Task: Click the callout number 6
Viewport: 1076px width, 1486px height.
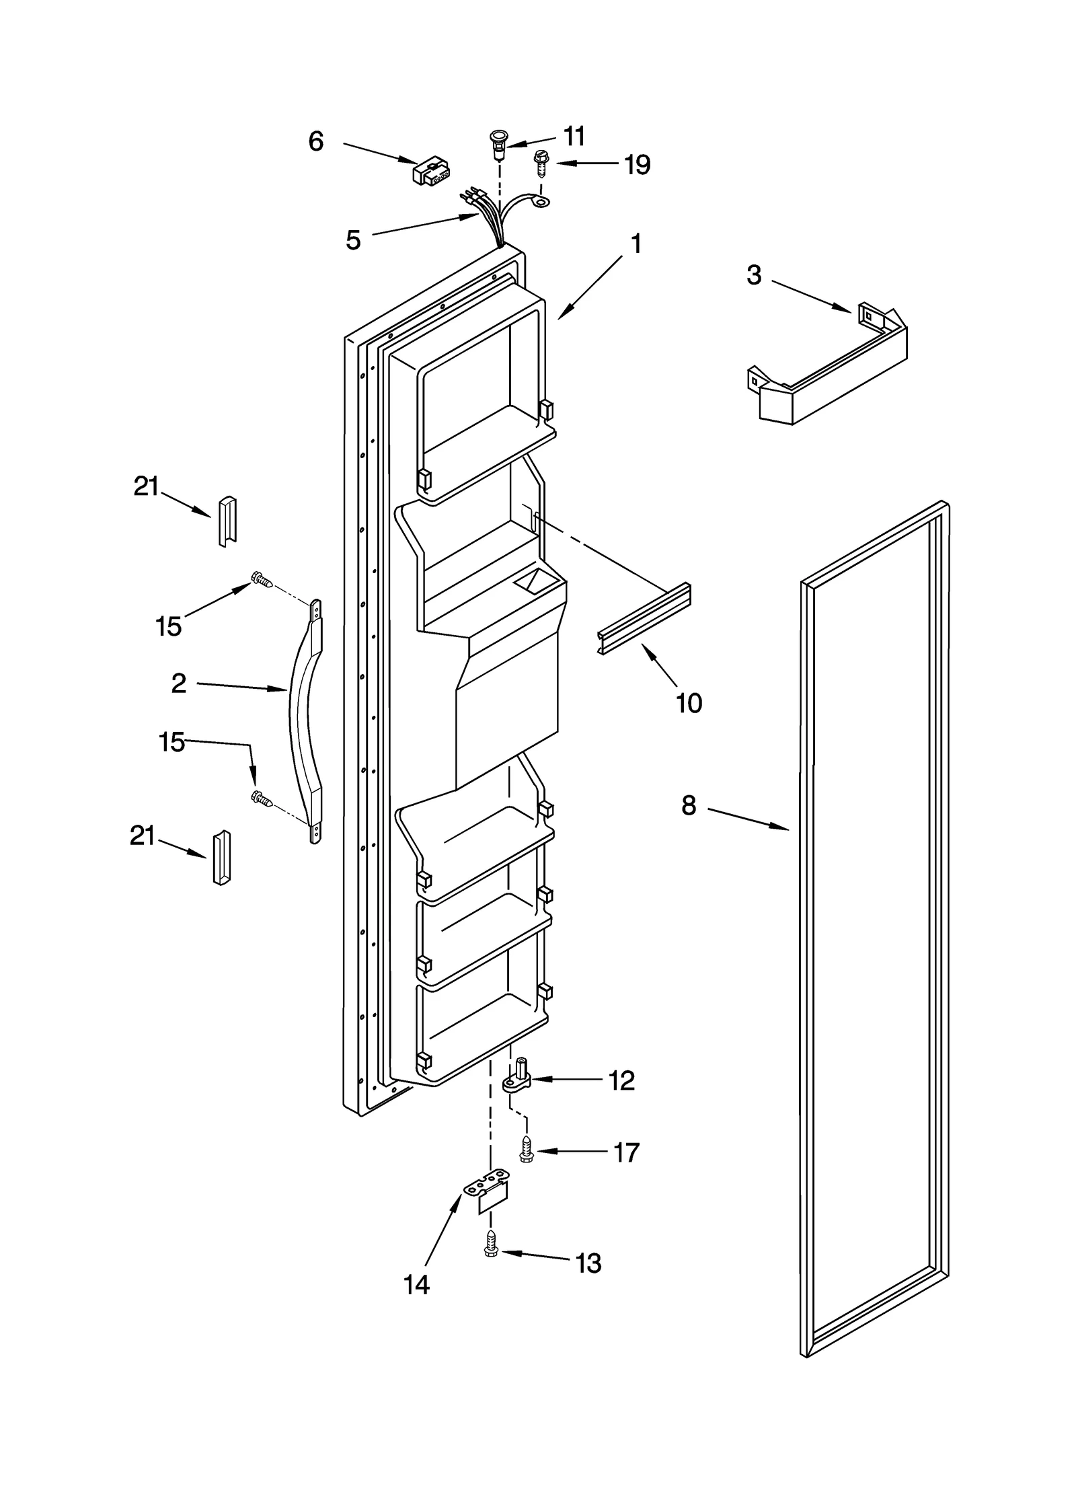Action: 315,142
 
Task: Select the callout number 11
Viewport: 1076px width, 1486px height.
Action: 574,137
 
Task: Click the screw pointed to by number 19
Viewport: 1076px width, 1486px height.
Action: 539,162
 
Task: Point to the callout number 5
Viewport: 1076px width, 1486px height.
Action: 353,240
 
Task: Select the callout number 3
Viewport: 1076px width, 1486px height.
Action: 754,275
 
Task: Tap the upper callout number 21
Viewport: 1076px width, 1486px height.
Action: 146,486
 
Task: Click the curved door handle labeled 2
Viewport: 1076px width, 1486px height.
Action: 305,720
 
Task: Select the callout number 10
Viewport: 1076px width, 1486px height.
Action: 689,703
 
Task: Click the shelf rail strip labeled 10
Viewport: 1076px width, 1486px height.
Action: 645,618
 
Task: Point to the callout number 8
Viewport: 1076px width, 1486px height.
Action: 689,805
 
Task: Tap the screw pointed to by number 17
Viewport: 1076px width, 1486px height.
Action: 526,1152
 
